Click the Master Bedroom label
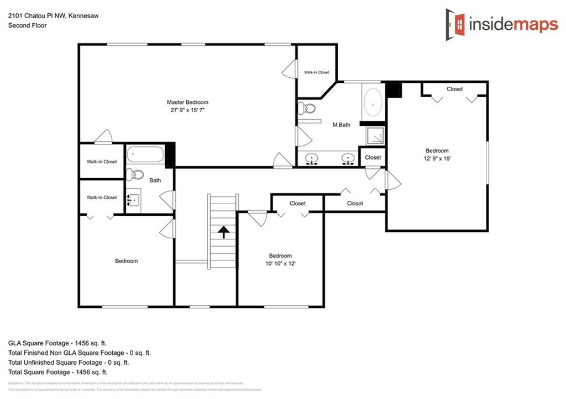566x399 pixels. point(187,102)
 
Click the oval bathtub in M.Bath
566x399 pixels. point(373,102)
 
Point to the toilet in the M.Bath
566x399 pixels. point(306,108)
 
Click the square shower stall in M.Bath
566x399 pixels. point(375,136)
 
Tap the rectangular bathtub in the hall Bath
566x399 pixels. point(145,154)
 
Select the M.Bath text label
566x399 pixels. point(341,125)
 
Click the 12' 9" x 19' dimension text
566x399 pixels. point(437,158)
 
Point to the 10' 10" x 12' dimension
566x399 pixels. point(280,263)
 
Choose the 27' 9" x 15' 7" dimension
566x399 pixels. point(187,110)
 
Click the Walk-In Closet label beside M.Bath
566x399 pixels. point(316,72)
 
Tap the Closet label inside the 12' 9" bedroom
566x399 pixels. point(454,89)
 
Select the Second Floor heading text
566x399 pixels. point(27,25)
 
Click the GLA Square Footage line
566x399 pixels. point(57,342)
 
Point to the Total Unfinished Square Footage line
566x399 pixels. point(69,362)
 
